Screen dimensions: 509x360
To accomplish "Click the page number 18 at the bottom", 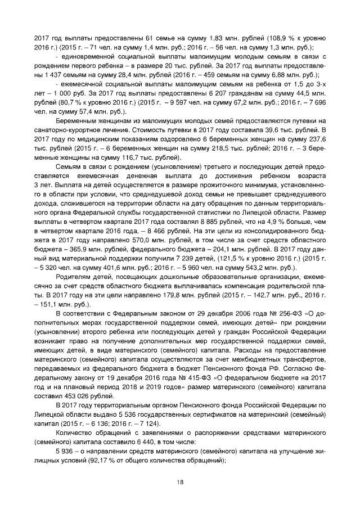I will pyautogui.click(x=180, y=481).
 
